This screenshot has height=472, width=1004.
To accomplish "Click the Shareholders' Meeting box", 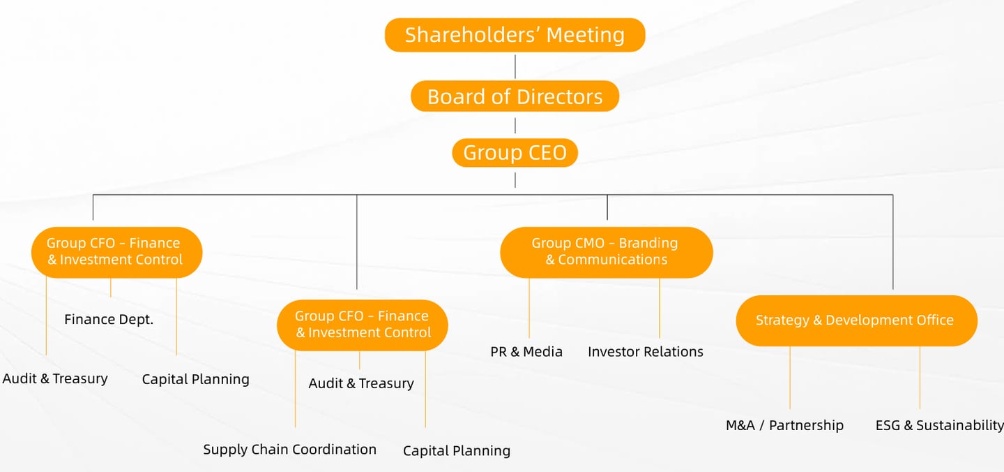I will (515, 35).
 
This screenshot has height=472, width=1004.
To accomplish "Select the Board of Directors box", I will (515, 96).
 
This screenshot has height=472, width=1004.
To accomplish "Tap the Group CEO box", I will (515, 153).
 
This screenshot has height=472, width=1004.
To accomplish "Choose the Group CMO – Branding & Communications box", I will (606, 251).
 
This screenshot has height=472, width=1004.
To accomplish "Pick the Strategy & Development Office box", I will (856, 320).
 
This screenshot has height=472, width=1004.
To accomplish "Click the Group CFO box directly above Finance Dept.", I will (116, 251).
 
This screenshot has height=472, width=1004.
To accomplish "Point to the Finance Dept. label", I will (109, 320).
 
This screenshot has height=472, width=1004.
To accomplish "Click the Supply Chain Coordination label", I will (289, 450).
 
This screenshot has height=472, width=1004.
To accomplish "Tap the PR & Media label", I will (526, 352).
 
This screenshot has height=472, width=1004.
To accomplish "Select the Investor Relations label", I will (645, 352).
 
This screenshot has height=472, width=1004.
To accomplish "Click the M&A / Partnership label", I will (784, 425).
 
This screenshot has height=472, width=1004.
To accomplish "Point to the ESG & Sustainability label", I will (939, 425).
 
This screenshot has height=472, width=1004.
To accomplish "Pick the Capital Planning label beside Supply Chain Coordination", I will (457, 451).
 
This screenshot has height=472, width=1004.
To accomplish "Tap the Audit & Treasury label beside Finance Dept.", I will (55, 379).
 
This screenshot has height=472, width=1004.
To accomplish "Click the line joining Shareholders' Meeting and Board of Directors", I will (515, 66).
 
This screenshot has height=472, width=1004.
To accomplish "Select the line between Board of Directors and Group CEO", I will (515, 125).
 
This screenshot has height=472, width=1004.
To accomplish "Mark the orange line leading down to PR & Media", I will (529, 309).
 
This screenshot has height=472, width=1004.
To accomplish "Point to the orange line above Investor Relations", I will (660, 309).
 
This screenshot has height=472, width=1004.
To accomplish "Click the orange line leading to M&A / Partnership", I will (790, 377).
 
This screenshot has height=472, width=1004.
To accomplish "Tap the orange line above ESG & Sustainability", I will (920, 377).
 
